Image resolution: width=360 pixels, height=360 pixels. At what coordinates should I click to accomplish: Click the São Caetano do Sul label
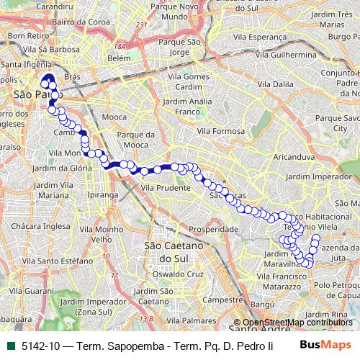(167, 251)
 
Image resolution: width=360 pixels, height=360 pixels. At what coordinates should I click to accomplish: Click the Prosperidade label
(212, 229)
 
